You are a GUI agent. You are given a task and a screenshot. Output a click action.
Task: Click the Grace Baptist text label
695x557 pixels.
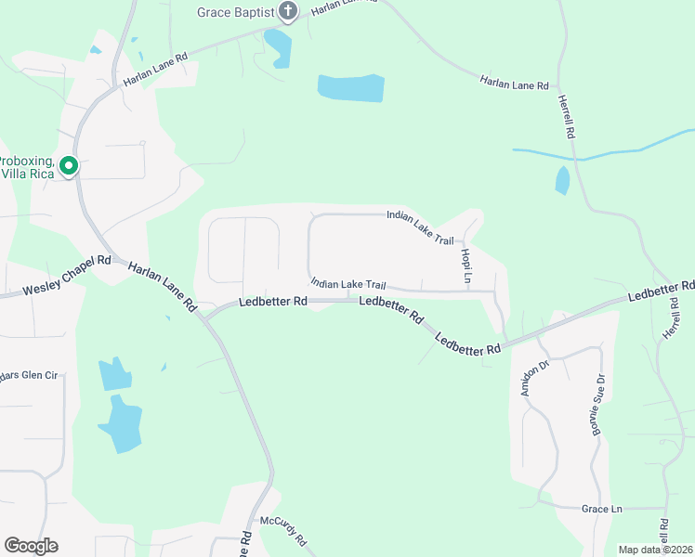point(235,12)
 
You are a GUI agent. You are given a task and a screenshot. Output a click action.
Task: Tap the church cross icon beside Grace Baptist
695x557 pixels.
point(287,12)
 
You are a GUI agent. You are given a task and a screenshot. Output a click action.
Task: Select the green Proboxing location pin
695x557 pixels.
point(68,167)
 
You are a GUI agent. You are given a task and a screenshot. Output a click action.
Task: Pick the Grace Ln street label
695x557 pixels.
point(601,510)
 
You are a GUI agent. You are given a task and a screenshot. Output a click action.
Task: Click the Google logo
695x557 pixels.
point(31,546)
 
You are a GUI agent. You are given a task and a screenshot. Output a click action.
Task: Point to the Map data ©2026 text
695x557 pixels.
point(654,550)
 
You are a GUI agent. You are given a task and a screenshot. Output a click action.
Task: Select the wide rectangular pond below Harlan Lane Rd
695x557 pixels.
point(351,88)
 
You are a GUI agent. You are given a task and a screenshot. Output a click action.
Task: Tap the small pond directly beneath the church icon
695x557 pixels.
point(278,47)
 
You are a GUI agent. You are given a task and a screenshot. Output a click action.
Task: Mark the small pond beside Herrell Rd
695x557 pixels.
point(562,180)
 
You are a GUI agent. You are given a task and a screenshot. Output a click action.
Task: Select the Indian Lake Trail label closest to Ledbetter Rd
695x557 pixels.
point(347,284)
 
